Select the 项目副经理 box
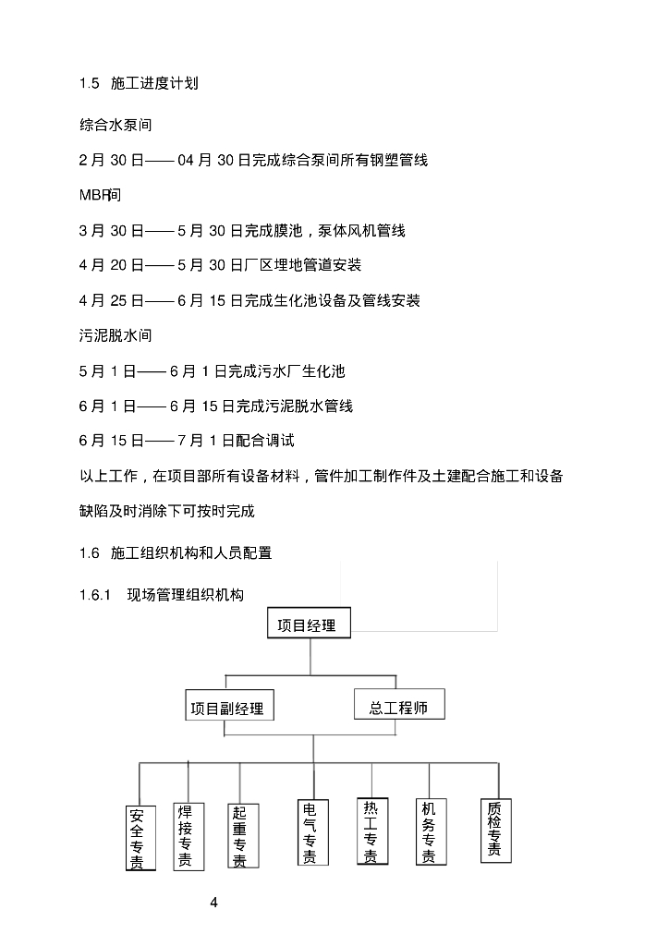227,709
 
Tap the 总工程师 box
398,707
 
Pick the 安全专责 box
137,839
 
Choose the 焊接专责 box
185,836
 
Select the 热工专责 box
371,831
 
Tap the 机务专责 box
429,831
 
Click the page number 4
213,902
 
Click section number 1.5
89,84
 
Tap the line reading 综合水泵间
115,125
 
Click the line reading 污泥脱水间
115,336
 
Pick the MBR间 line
101,195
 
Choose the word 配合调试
264,442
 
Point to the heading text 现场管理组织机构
186,596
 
